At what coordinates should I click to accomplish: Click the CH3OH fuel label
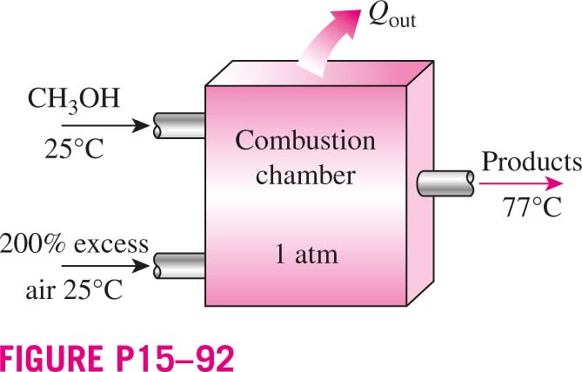point(74,100)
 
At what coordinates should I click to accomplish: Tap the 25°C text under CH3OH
point(74,149)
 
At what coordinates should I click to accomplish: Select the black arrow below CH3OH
point(105,126)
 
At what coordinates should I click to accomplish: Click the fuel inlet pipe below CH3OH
point(179,126)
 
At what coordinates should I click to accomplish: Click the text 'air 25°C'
point(74,289)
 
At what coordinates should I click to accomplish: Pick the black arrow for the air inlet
point(105,266)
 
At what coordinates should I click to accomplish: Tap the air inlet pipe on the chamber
point(179,266)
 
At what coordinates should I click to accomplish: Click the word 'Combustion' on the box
point(305,141)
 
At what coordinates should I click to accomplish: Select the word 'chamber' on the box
point(305,175)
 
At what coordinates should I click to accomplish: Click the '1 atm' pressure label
point(306,255)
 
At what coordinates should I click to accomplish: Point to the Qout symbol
point(392,17)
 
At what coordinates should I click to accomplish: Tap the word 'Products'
point(532,162)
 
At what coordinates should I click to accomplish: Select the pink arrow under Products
point(521,183)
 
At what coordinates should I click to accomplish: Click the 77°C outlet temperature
point(532,208)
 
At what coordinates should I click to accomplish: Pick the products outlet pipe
point(445,183)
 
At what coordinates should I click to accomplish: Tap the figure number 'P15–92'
point(172,358)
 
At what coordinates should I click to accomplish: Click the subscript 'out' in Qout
point(403,21)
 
